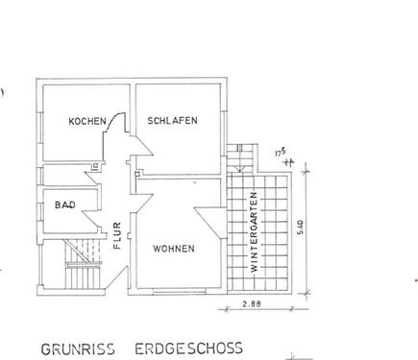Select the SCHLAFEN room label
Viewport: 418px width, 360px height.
click(173, 121)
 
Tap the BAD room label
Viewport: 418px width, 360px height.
click(65, 204)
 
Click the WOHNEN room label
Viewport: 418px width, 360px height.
click(174, 249)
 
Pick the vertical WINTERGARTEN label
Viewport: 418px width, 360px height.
click(255, 231)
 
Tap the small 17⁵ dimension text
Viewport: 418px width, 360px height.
click(280, 149)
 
